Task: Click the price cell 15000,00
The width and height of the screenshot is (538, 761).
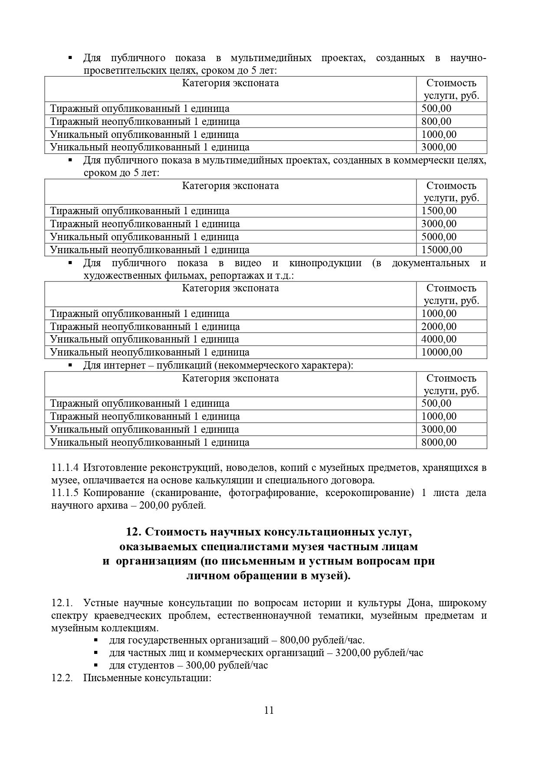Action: (442, 250)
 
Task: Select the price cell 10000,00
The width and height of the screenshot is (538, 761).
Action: (442, 352)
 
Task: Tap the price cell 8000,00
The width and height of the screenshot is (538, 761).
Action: (439, 442)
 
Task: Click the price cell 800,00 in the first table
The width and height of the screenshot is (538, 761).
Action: (436, 121)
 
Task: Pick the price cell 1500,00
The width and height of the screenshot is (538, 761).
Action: (439, 211)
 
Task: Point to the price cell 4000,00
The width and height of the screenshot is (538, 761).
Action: (439, 339)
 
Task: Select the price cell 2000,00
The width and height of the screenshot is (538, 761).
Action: (439, 327)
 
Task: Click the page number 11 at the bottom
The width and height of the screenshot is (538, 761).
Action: (269, 710)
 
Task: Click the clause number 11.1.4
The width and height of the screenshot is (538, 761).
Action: (65, 468)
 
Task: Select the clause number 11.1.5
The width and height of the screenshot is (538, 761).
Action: (65, 493)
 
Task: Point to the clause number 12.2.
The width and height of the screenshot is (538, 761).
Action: (62, 678)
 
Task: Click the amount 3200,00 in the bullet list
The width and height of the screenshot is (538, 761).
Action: (353, 653)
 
